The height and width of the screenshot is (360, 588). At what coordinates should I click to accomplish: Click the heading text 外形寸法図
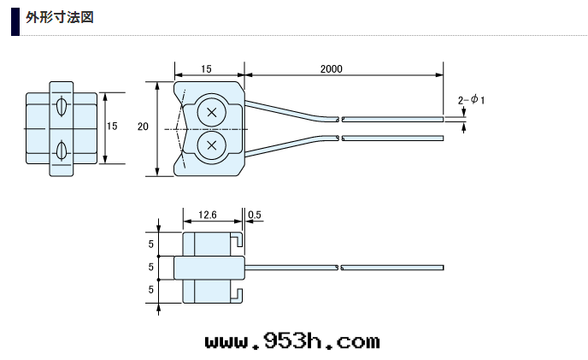[60, 18]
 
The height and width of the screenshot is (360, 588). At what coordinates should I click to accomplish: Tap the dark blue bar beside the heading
[15, 21]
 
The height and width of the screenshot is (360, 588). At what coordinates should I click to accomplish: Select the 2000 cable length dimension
[331, 69]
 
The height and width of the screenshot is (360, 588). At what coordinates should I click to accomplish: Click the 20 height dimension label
[143, 127]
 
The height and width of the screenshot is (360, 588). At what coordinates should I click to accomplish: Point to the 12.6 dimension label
[208, 215]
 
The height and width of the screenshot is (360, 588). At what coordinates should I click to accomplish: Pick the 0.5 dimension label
[255, 215]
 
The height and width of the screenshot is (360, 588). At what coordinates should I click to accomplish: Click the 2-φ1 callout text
[471, 100]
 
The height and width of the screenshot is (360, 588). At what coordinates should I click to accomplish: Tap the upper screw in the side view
[212, 112]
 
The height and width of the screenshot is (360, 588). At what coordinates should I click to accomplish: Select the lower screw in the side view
[212, 145]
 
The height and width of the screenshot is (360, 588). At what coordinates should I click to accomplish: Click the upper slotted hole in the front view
[62, 106]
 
